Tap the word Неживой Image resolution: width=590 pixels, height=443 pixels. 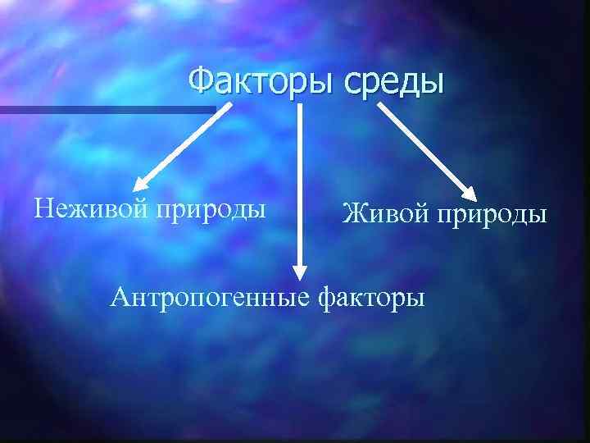90,208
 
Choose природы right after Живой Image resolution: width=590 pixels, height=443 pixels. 493,216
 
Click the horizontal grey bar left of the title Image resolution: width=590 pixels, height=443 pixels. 107,109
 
